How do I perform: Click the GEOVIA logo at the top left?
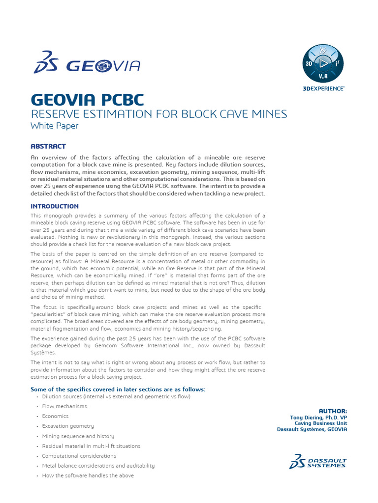87,64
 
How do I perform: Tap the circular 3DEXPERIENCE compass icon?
323,63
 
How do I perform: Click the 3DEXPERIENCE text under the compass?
323,88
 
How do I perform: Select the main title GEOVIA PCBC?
87,100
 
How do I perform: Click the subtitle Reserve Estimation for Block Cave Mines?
158,114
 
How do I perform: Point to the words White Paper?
54,126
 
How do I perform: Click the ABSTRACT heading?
48,146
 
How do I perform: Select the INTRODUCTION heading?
54,206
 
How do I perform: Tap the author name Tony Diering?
318,417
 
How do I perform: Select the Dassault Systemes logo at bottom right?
318,461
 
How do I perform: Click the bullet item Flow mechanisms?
64,406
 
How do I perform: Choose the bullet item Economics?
55,416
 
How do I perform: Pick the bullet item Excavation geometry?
68,426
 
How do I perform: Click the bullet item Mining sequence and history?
78,436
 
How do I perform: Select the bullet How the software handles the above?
88,475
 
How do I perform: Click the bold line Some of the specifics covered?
118,390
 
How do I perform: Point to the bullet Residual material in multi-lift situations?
91,446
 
